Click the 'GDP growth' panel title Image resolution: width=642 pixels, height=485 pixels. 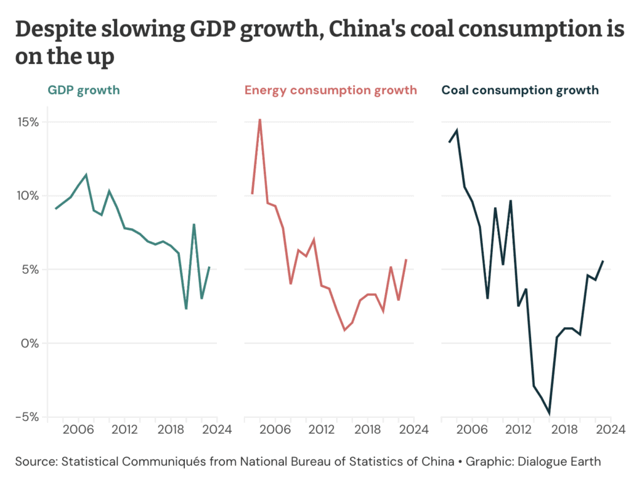tap(83, 90)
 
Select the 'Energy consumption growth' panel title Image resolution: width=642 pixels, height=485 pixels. tap(330, 90)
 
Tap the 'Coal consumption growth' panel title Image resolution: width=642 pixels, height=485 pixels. tap(520, 90)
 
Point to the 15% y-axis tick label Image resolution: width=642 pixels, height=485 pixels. tap(27, 122)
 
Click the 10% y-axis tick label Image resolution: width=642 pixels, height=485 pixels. tap(27, 196)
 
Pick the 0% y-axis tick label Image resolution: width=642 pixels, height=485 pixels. tap(30, 343)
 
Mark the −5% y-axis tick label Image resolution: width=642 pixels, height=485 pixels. tap(27, 417)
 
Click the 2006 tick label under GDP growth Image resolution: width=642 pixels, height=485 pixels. tap(78, 430)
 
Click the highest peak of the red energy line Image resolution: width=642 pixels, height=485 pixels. tap(260, 119)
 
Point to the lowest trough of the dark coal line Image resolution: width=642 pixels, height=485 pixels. tap(549, 414)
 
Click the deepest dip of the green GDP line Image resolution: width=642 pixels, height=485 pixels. tap(186, 309)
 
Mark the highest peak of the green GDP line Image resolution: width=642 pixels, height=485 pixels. tap(86, 175)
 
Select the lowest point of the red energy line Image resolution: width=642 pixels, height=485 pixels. tap(344, 330)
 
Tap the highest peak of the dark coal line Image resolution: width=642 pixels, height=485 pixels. tap(457, 130)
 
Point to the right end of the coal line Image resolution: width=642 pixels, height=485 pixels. tap(603, 261)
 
